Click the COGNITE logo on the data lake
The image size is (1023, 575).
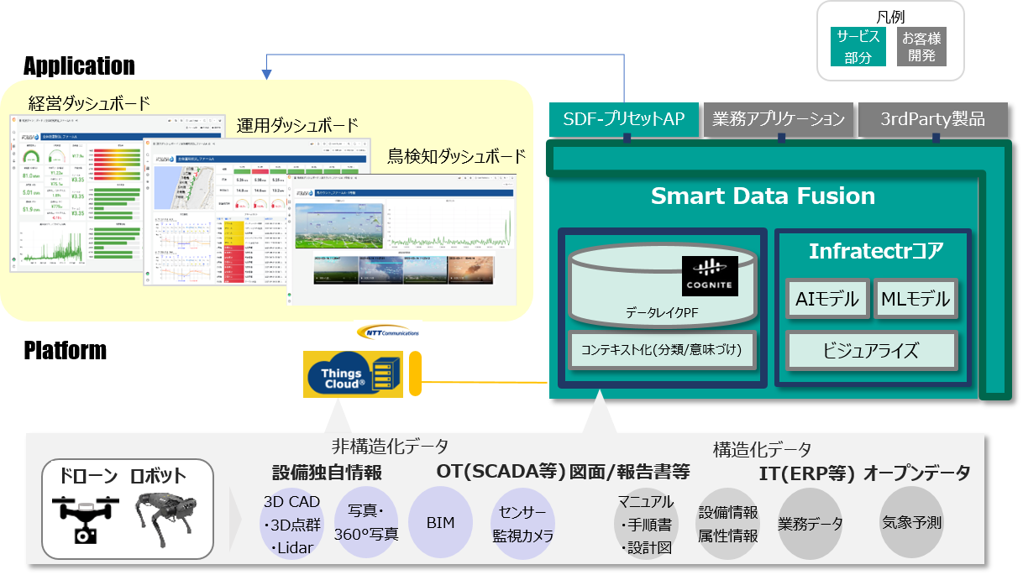pyautogui.click(x=710, y=276)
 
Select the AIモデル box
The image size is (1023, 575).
pyautogui.click(x=826, y=298)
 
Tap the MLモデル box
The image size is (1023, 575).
pyautogui.click(x=915, y=298)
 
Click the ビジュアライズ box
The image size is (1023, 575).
pyautogui.click(x=870, y=350)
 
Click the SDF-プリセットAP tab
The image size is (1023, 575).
pyautogui.click(x=624, y=119)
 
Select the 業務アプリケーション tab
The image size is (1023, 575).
pyautogui.click(x=778, y=119)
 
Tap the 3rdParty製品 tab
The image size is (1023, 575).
pyautogui.click(x=932, y=119)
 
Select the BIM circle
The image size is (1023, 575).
pyautogui.click(x=440, y=523)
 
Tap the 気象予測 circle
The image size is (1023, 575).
pyautogui.click(x=911, y=523)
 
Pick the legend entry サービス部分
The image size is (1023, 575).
pyautogui.click(x=858, y=47)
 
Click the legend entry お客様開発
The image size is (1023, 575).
pyautogui.click(x=921, y=47)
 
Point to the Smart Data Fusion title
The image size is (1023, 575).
pyautogui.click(x=763, y=196)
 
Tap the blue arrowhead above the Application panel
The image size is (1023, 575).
pyautogui.click(x=267, y=75)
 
